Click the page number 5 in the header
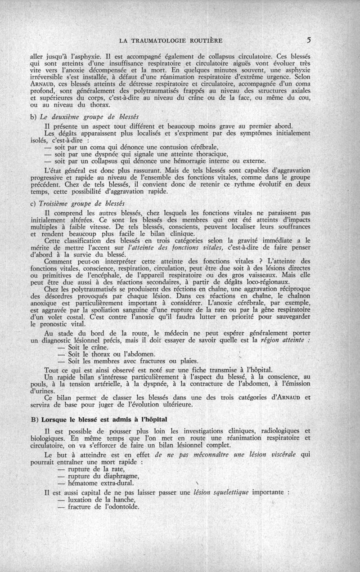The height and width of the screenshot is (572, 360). pos(308,40)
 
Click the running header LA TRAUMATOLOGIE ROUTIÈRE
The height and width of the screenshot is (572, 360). pos(171,41)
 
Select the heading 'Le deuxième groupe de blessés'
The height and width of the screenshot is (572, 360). pos(89,118)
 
